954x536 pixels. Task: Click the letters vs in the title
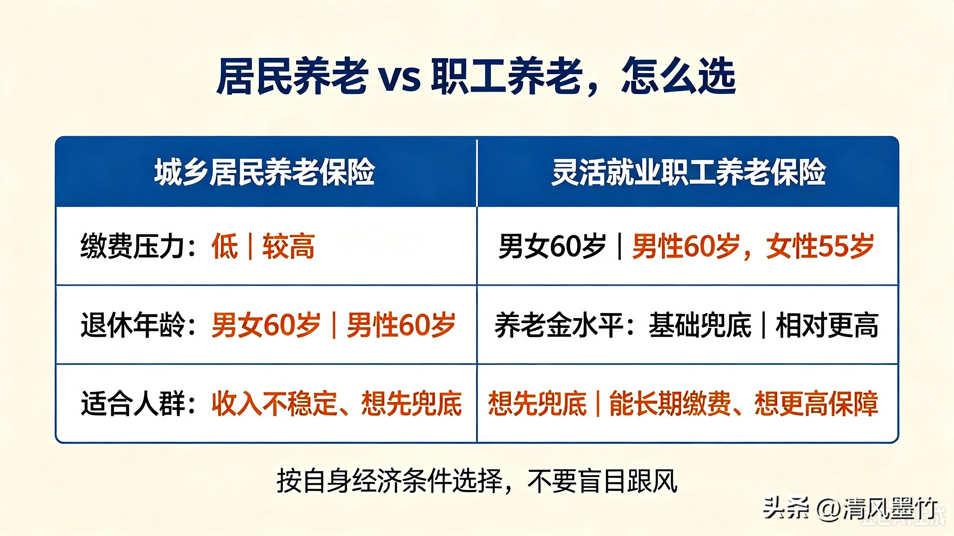click(x=400, y=79)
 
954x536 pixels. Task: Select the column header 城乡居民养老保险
click(x=264, y=172)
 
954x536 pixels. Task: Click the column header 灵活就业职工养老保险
click(x=688, y=172)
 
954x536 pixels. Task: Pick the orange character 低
click(x=225, y=246)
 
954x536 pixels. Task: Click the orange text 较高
click(x=288, y=246)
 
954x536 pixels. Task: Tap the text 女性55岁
click(x=820, y=246)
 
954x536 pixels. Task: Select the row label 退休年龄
click(x=133, y=325)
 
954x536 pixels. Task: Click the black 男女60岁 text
click(x=552, y=246)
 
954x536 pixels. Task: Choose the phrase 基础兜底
click(x=700, y=325)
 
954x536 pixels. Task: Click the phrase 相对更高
click(x=827, y=325)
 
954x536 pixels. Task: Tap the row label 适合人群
click(x=133, y=403)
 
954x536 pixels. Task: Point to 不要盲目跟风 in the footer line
click(x=602, y=481)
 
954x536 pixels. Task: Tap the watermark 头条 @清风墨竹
click(x=850, y=509)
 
